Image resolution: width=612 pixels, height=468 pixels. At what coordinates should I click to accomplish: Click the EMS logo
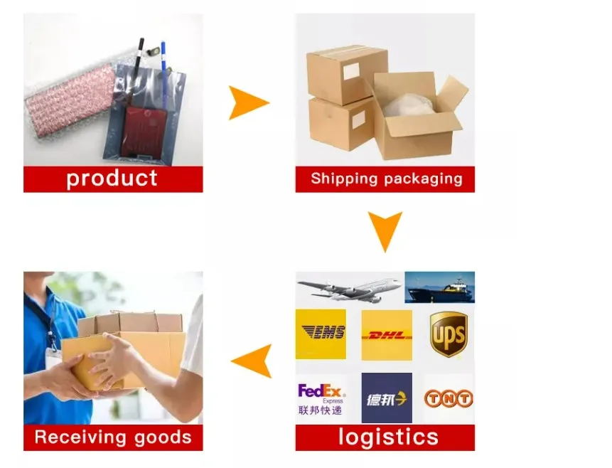point(321,334)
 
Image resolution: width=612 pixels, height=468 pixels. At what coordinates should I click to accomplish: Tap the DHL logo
point(386,335)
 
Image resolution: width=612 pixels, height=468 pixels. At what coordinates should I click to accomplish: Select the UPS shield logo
point(449,334)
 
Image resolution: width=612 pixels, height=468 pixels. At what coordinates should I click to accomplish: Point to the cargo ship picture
point(440,288)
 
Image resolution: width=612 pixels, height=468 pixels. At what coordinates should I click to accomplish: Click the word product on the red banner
point(112,179)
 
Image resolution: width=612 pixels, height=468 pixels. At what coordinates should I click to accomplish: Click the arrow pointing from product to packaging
point(248,102)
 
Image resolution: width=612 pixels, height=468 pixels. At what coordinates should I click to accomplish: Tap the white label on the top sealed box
point(352,71)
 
